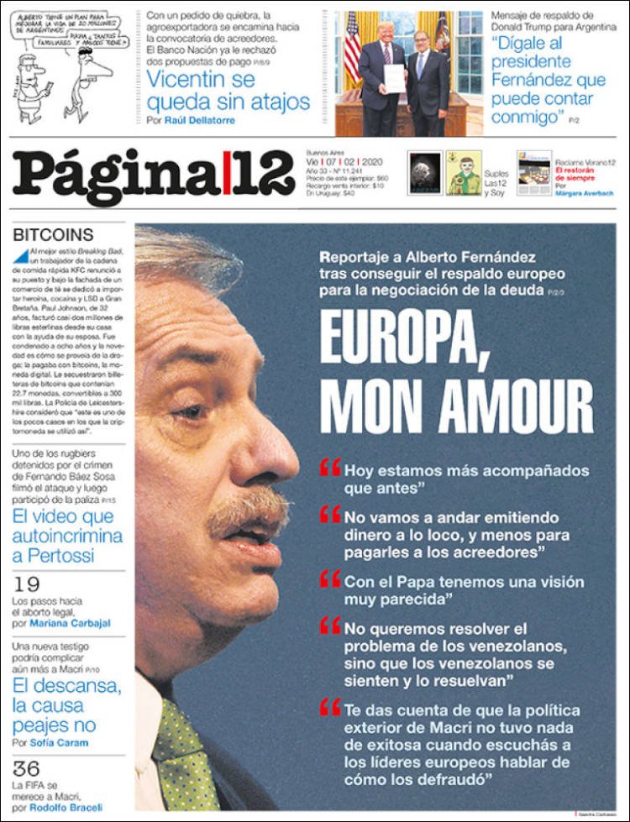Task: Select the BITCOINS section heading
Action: click(x=53, y=235)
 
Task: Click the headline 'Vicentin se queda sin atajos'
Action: click(x=228, y=91)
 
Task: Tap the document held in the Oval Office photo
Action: click(x=394, y=77)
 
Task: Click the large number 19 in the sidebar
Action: click(x=27, y=585)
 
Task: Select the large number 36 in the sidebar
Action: click(x=27, y=768)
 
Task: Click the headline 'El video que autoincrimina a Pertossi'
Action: click(x=66, y=536)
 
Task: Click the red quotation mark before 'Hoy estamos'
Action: click(x=330, y=467)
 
